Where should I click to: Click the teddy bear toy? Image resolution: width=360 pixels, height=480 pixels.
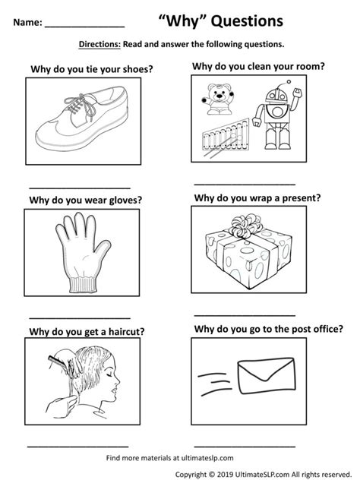pyautogui.click(x=218, y=99)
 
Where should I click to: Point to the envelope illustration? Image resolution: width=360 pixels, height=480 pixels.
pyautogui.click(x=267, y=376)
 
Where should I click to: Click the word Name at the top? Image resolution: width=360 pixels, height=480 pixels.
pyautogui.click(x=27, y=22)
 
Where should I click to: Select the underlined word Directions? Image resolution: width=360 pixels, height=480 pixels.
pyautogui.click(x=99, y=44)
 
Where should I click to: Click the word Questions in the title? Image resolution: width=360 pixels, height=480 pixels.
pyautogui.click(x=248, y=21)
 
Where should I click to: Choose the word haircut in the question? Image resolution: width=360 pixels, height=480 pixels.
pyautogui.click(x=126, y=332)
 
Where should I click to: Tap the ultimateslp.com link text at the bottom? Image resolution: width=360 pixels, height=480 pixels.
pyautogui.click(x=207, y=458)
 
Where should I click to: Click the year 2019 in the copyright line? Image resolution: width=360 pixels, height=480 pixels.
pyautogui.click(x=226, y=475)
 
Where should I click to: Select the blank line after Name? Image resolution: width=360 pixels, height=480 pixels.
pyautogui.click(x=85, y=27)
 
